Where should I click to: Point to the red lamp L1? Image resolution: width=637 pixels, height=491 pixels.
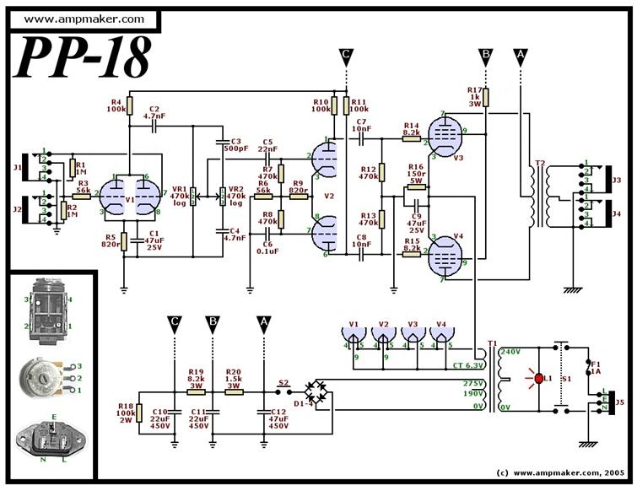coord(536,377)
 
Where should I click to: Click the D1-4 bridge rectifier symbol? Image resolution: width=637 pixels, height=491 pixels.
coord(319,391)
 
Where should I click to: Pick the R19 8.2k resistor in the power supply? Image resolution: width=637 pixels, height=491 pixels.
coord(196,391)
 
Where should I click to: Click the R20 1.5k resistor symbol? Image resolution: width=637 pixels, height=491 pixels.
coord(234,391)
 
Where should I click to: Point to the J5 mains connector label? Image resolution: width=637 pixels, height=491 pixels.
coord(621,402)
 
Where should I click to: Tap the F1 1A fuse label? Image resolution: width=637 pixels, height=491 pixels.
coord(596,364)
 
